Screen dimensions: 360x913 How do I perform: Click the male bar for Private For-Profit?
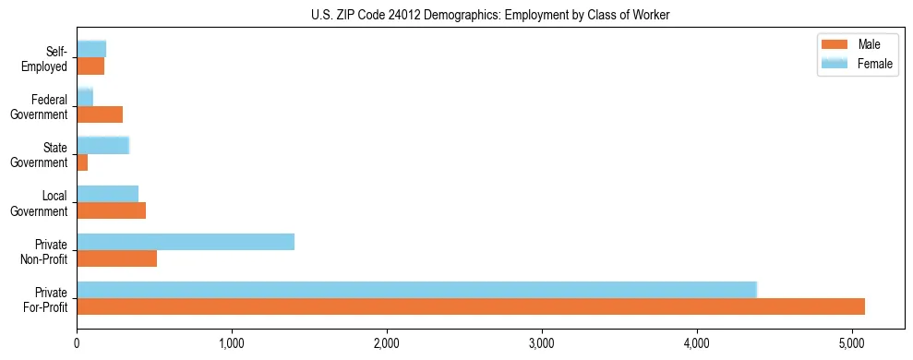pos(471,306)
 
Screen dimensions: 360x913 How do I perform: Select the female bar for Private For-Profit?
pos(416,290)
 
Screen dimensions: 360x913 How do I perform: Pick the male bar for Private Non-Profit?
pos(117,258)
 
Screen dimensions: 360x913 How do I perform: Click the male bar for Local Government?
pos(112,210)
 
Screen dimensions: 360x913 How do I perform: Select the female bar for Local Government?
pos(108,194)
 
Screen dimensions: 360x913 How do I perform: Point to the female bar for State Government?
pos(103,145)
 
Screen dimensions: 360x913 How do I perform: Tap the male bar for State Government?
pos(82,162)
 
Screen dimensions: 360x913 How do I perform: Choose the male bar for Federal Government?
pos(100,114)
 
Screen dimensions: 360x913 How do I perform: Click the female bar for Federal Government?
pos(85,97)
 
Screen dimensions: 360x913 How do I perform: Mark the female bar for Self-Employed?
pos(91,49)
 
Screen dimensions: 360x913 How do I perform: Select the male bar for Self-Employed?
pos(90,66)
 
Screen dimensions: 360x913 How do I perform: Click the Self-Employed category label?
pos(46,58)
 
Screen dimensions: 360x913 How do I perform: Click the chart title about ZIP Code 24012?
pos(490,14)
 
